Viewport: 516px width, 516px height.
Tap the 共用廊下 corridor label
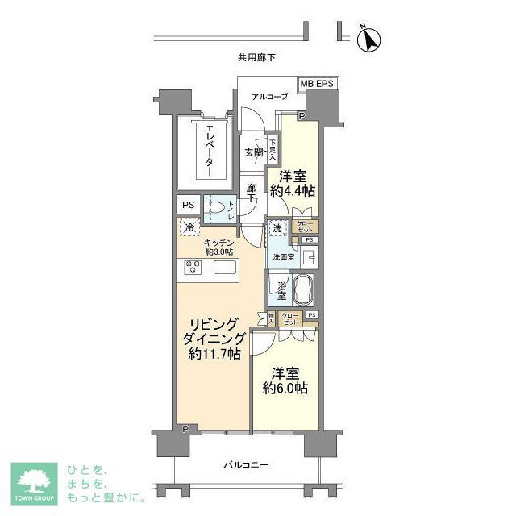click(x=256, y=58)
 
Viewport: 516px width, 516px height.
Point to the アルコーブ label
click(x=269, y=98)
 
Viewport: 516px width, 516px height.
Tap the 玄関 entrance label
click(x=253, y=152)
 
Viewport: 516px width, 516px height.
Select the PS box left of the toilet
click(x=187, y=206)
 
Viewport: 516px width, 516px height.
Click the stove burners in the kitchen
click(x=193, y=268)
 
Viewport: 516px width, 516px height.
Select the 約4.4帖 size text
click(x=296, y=191)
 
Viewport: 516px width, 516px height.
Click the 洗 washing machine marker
click(x=277, y=228)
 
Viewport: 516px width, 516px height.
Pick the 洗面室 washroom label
click(x=281, y=257)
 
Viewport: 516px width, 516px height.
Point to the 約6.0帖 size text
click(x=287, y=389)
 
